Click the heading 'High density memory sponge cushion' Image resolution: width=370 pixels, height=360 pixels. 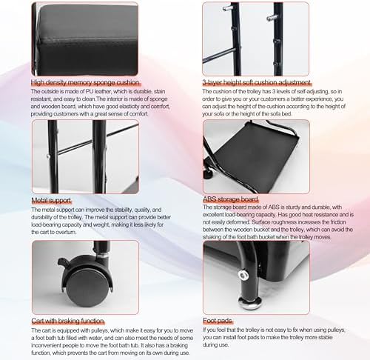[85, 82]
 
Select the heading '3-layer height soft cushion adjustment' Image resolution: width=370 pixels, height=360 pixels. [257, 82]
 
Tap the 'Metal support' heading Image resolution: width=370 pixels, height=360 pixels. [51, 201]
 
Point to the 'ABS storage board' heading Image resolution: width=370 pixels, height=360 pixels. [230, 199]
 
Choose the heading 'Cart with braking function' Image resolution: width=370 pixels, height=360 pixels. [68, 321]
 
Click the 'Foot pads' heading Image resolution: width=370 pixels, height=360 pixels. [218, 321]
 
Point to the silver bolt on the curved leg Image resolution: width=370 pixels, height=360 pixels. [243, 275]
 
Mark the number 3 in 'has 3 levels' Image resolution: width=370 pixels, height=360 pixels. [274, 92]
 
